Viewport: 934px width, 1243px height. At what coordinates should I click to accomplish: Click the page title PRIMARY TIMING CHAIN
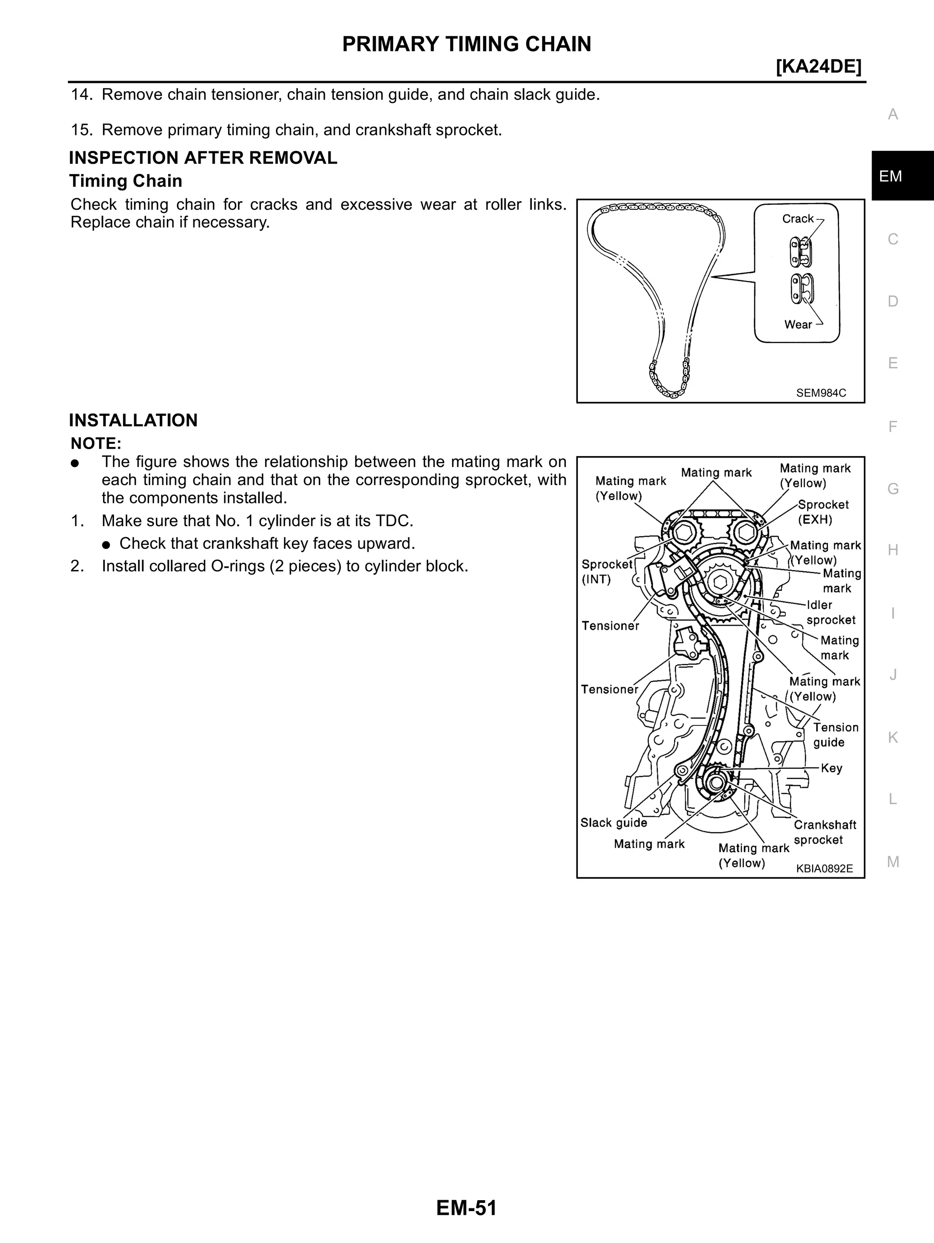[x=467, y=44]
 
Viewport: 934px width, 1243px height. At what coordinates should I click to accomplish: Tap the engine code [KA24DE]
[x=818, y=67]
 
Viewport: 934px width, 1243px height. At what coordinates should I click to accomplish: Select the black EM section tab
[x=891, y=176]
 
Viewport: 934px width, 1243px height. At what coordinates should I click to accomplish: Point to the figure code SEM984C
[x=820, y=393]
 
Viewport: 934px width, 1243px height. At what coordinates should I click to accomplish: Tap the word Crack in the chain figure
[x=798, y=218]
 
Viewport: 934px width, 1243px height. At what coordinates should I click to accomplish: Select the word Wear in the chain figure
[x=798, y=324]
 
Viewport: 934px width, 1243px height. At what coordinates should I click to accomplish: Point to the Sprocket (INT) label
[x=607, y=571]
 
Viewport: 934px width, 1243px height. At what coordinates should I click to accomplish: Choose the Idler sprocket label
[x=830, y=612]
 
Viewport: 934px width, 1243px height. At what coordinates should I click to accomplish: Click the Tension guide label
[x=835, y=735]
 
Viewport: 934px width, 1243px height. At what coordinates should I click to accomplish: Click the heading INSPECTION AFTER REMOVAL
[x=203, y=158]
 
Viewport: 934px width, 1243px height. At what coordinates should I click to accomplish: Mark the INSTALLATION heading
[x=133, y=420]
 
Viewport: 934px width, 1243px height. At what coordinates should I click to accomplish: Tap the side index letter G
[x=892, y=489]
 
